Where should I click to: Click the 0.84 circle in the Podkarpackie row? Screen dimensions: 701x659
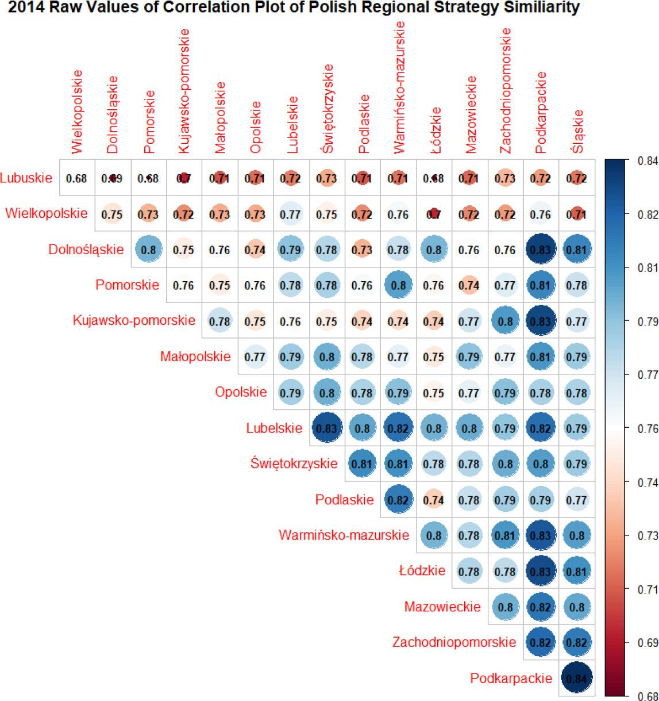[x=577, y=678]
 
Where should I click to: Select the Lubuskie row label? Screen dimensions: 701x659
[x=26, y=178]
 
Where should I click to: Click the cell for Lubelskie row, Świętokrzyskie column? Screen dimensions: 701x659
[x=326, y=428]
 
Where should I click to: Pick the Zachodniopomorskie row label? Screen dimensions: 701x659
[x=454, y=642]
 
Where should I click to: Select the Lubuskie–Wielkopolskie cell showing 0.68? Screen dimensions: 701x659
[x=76, y=178]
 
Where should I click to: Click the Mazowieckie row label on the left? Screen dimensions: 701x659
[x=442, y=607]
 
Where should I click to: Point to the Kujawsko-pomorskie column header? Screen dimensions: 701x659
[x=183, y=100]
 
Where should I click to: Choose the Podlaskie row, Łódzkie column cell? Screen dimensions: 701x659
[x=434, y=500]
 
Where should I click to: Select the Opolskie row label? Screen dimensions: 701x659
[x=241, y=392]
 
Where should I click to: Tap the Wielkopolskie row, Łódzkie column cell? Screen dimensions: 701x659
[x=434, y=214]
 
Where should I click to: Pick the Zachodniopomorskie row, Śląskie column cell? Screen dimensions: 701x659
[x=577, y=642]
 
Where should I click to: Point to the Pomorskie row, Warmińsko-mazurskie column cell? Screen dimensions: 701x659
[x=398, y=285]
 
